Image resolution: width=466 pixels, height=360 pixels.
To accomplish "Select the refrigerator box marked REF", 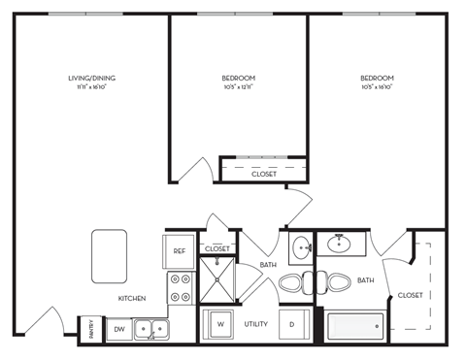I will [180, 251].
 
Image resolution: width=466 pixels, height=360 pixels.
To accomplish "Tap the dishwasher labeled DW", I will [117, 330].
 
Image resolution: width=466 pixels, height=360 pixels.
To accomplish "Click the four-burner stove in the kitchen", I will [181, 288].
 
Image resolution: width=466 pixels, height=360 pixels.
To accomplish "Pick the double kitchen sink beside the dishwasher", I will [149, 330].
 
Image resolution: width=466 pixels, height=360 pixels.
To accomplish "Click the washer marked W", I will [219, 323].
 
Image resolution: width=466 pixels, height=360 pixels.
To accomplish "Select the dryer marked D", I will [291, 323].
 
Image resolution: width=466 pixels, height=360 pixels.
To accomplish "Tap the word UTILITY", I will [255, 323].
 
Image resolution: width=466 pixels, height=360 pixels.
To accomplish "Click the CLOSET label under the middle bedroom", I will [263, 175].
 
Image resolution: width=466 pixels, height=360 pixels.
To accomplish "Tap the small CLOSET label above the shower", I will [216, 249].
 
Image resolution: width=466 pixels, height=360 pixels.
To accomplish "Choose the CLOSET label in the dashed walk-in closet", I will [410, 295].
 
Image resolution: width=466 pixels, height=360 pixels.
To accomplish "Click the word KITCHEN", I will [133, 298].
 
